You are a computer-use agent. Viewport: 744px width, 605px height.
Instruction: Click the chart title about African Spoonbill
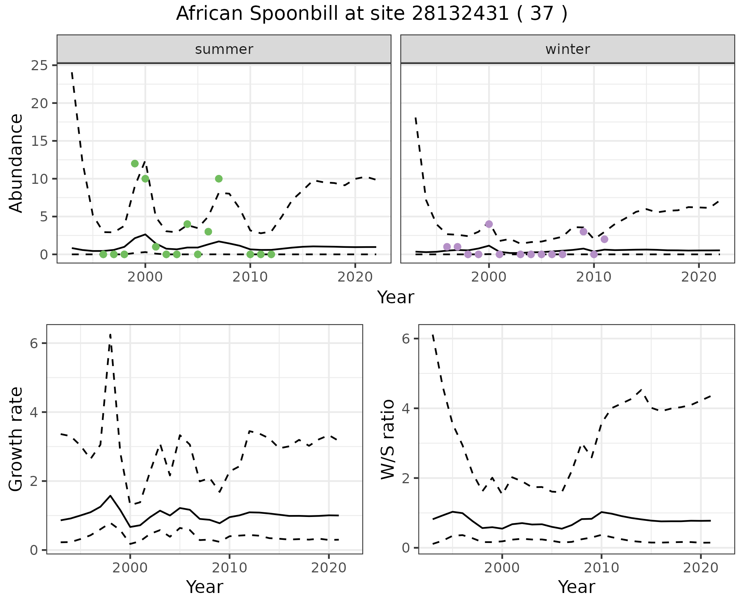372,14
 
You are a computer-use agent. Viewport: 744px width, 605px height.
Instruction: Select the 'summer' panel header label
224,49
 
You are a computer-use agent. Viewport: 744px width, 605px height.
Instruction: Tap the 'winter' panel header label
567,49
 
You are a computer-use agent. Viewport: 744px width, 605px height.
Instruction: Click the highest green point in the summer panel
135,164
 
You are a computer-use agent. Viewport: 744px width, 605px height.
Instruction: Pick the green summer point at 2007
219,179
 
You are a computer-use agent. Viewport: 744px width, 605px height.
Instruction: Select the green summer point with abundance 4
187,224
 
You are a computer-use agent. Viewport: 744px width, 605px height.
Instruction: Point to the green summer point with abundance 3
208,232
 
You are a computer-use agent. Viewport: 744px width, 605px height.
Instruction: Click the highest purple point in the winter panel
489,224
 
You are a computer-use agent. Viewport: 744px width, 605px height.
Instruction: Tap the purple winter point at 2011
604,239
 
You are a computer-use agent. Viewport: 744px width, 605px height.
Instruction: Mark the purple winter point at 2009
583,232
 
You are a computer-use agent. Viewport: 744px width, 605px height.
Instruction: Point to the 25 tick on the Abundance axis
39,65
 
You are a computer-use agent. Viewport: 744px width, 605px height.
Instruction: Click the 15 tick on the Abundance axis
39,141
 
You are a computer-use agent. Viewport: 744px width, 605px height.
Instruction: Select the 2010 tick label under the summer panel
250,277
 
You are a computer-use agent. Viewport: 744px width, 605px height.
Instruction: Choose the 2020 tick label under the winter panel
699,277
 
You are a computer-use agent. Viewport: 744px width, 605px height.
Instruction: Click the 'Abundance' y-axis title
16,163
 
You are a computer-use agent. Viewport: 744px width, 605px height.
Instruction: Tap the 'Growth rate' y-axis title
16,439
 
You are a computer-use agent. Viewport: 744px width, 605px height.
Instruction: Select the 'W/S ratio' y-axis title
387,439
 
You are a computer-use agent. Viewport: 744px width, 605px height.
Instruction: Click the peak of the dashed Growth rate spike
110,334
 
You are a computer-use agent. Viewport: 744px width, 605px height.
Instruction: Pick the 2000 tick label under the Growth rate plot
130,568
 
